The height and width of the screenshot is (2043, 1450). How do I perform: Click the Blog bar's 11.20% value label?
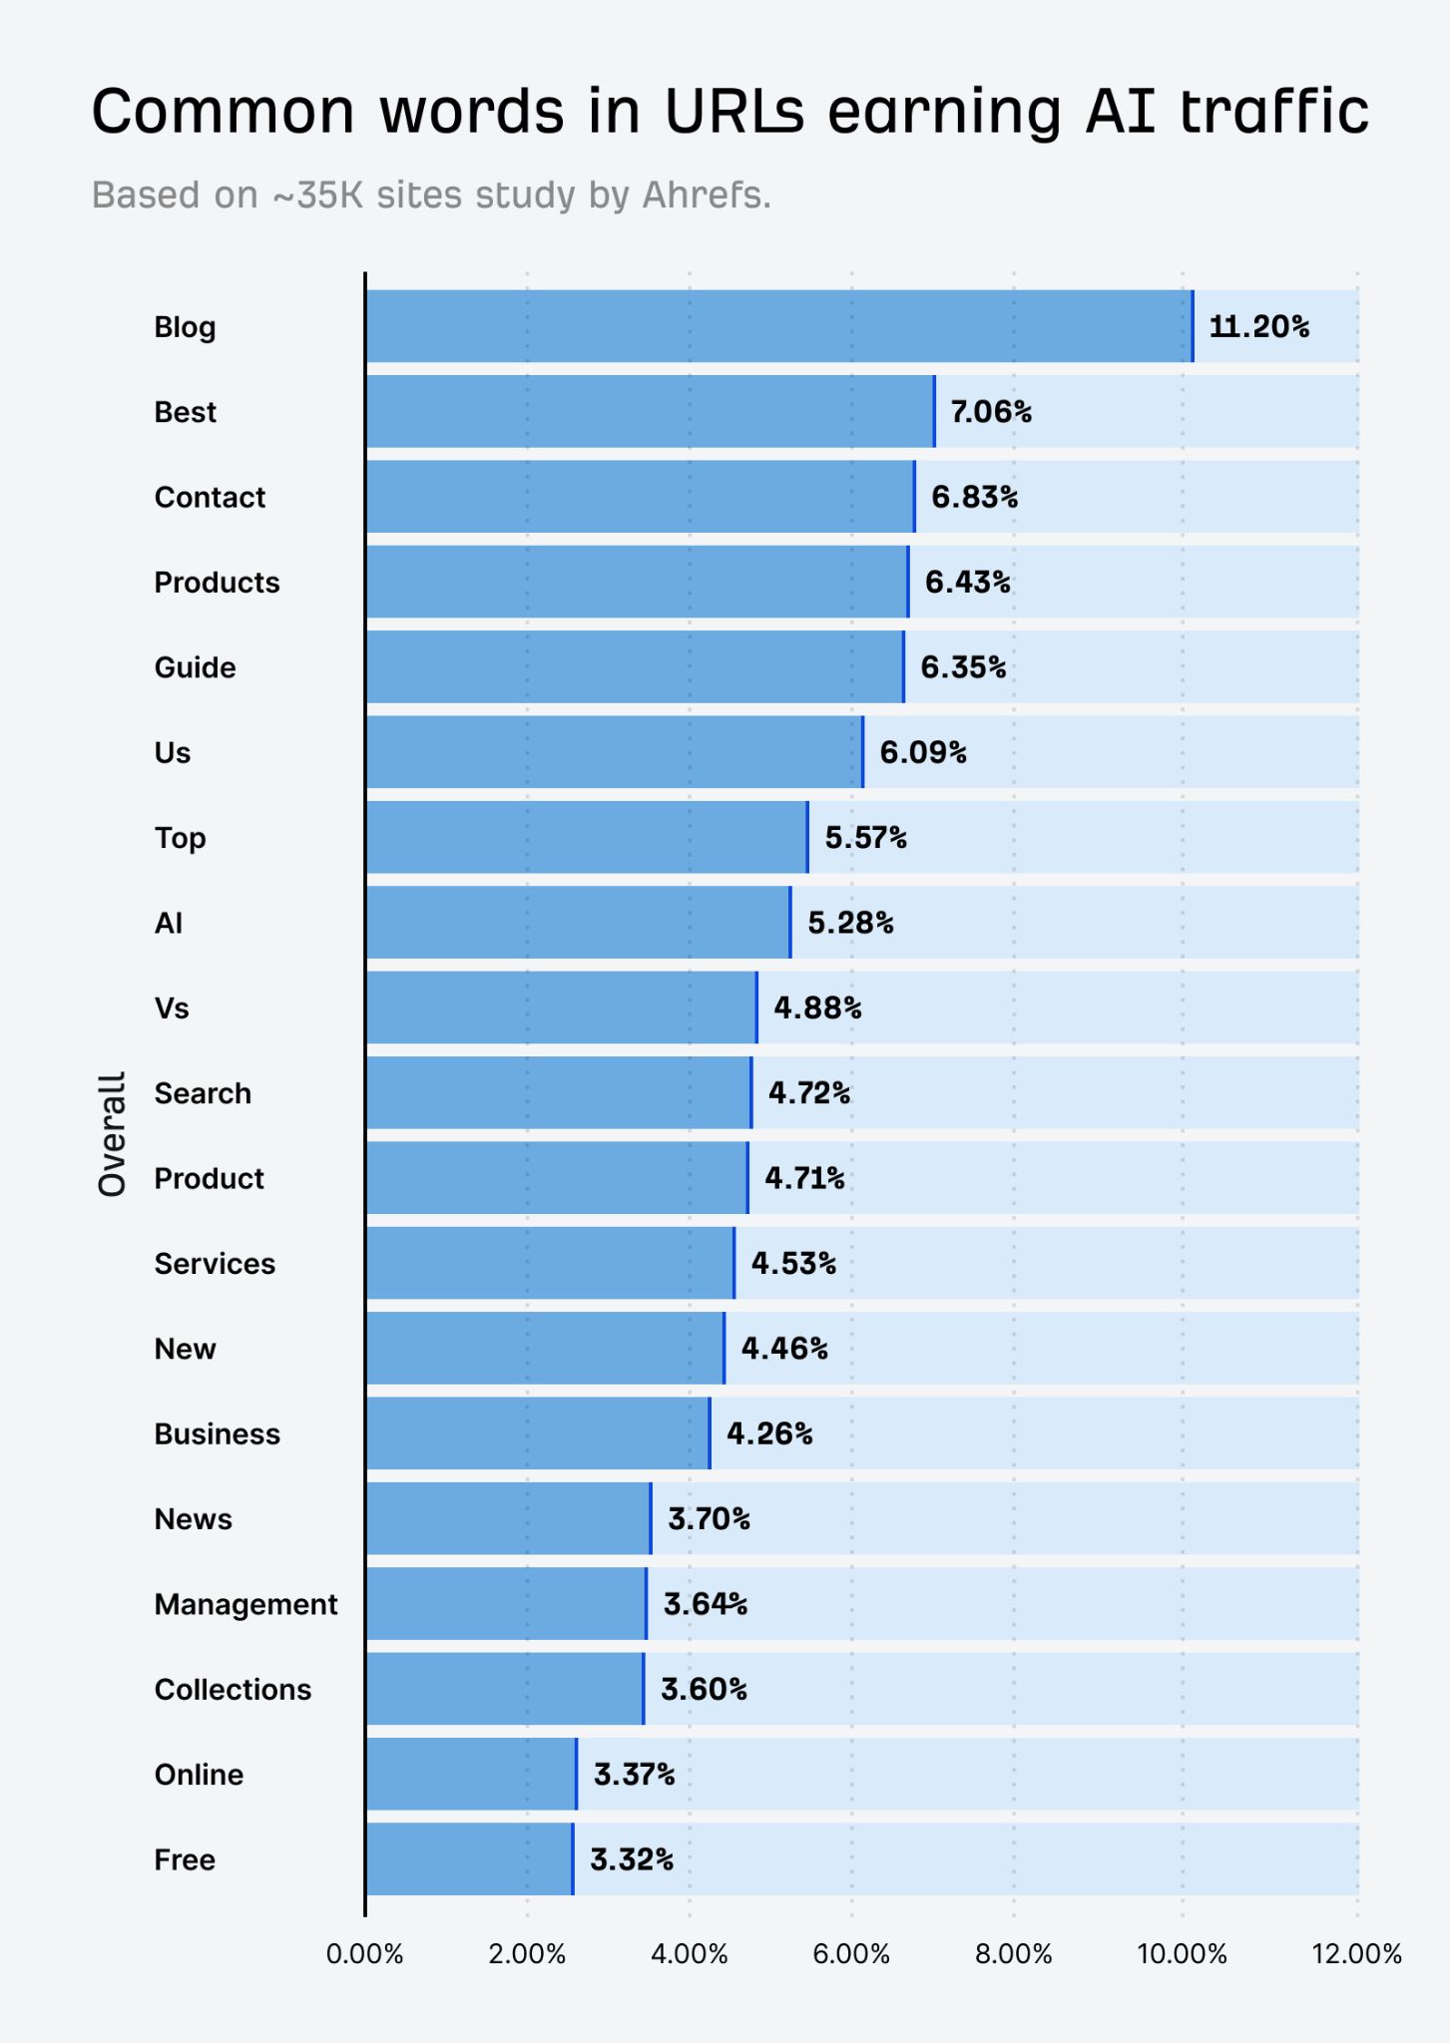pyautogui.click(x=1258, y=326)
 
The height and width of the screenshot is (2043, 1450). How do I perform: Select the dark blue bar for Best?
pyautogui.click(x=649, y=411)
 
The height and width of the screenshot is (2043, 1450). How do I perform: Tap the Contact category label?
pyautogui.click(x=210, y=497)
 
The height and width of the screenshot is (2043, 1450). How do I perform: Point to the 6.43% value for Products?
pyautogui.click(x=967, y=582)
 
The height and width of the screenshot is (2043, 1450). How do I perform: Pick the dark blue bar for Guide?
pyautogui.click(x=634, y=666)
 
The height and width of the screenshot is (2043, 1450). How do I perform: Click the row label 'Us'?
pyautogui.click(x=172, y=752)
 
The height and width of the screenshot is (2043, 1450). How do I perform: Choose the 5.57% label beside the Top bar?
pyautogui.click(x=865, y=837)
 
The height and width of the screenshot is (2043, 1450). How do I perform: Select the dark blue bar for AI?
pyautogui.click(x=577, y=923)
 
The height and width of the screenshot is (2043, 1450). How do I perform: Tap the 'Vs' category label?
pyautogui.click(x=172, y=1008)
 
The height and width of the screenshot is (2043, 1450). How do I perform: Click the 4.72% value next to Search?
pyautogui.click(x=808, y=1093)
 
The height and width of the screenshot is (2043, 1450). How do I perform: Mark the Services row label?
pyautogui.click(x=215, y=1264)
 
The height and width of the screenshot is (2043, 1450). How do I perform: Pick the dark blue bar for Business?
pyautogui.click(x=537, y=1433)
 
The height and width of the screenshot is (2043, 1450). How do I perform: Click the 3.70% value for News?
pyautogui.click(x=709, y=1518)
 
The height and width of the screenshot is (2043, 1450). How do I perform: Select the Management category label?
pyautogui.click(x=245, y=1604)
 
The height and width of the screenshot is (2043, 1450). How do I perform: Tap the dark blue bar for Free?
pyautogui.click(x=469, y=1859)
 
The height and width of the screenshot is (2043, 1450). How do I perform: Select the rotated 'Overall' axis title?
pyautogui.click(x=112, y=1134)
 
